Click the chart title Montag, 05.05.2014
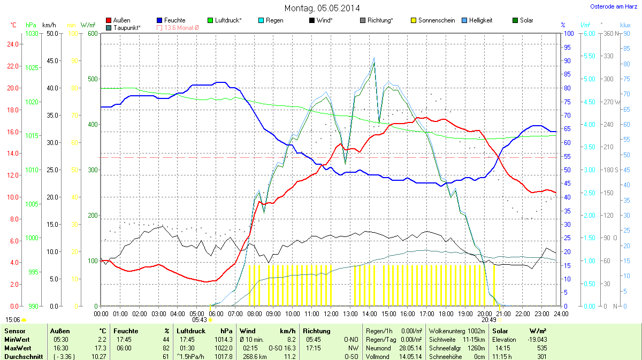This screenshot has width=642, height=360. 322,8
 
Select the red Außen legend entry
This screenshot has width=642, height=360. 118,20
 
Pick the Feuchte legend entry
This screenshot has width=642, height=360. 171,20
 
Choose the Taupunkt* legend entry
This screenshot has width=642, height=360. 124,27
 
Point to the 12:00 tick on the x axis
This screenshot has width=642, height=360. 331,313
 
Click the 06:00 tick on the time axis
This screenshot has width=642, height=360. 216,313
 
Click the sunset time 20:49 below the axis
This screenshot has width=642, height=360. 489,319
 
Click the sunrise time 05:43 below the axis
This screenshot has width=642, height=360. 199,319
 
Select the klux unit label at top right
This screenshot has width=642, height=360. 625,25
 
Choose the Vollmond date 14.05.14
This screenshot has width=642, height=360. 410,356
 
